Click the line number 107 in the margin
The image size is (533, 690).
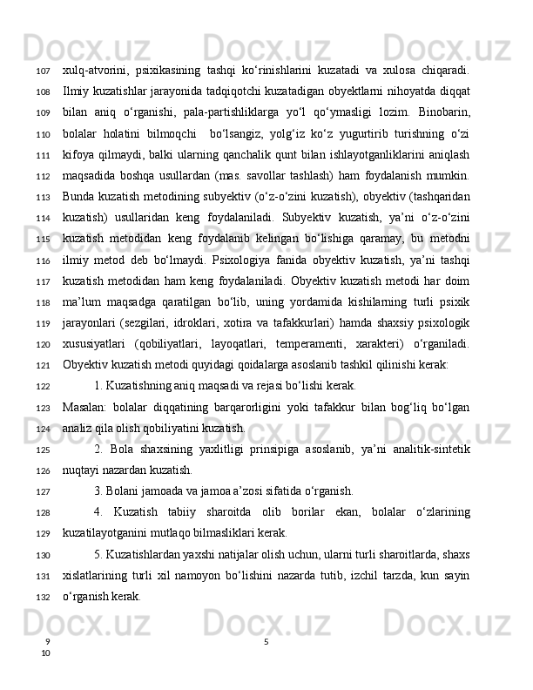(42, 70)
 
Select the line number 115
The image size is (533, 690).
(42, 238)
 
